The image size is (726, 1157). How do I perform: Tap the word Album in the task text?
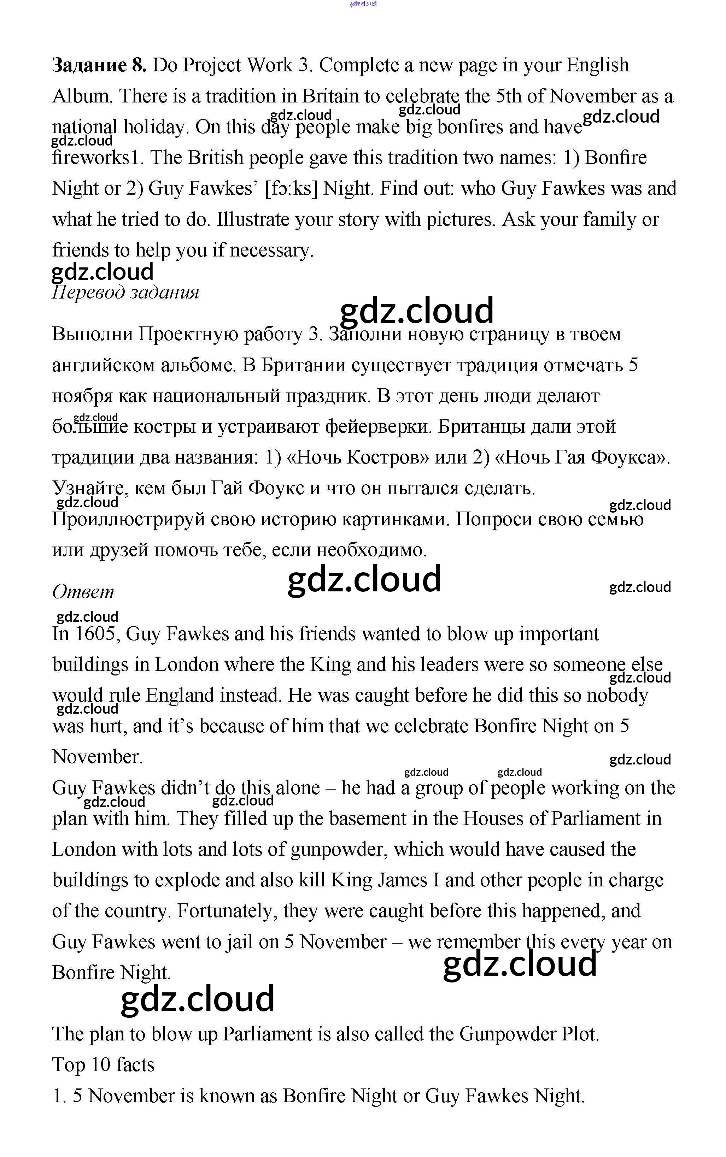82,96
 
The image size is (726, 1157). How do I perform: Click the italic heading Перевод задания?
125,292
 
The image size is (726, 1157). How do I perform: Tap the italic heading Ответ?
83,592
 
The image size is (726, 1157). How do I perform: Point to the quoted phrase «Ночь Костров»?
357,458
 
